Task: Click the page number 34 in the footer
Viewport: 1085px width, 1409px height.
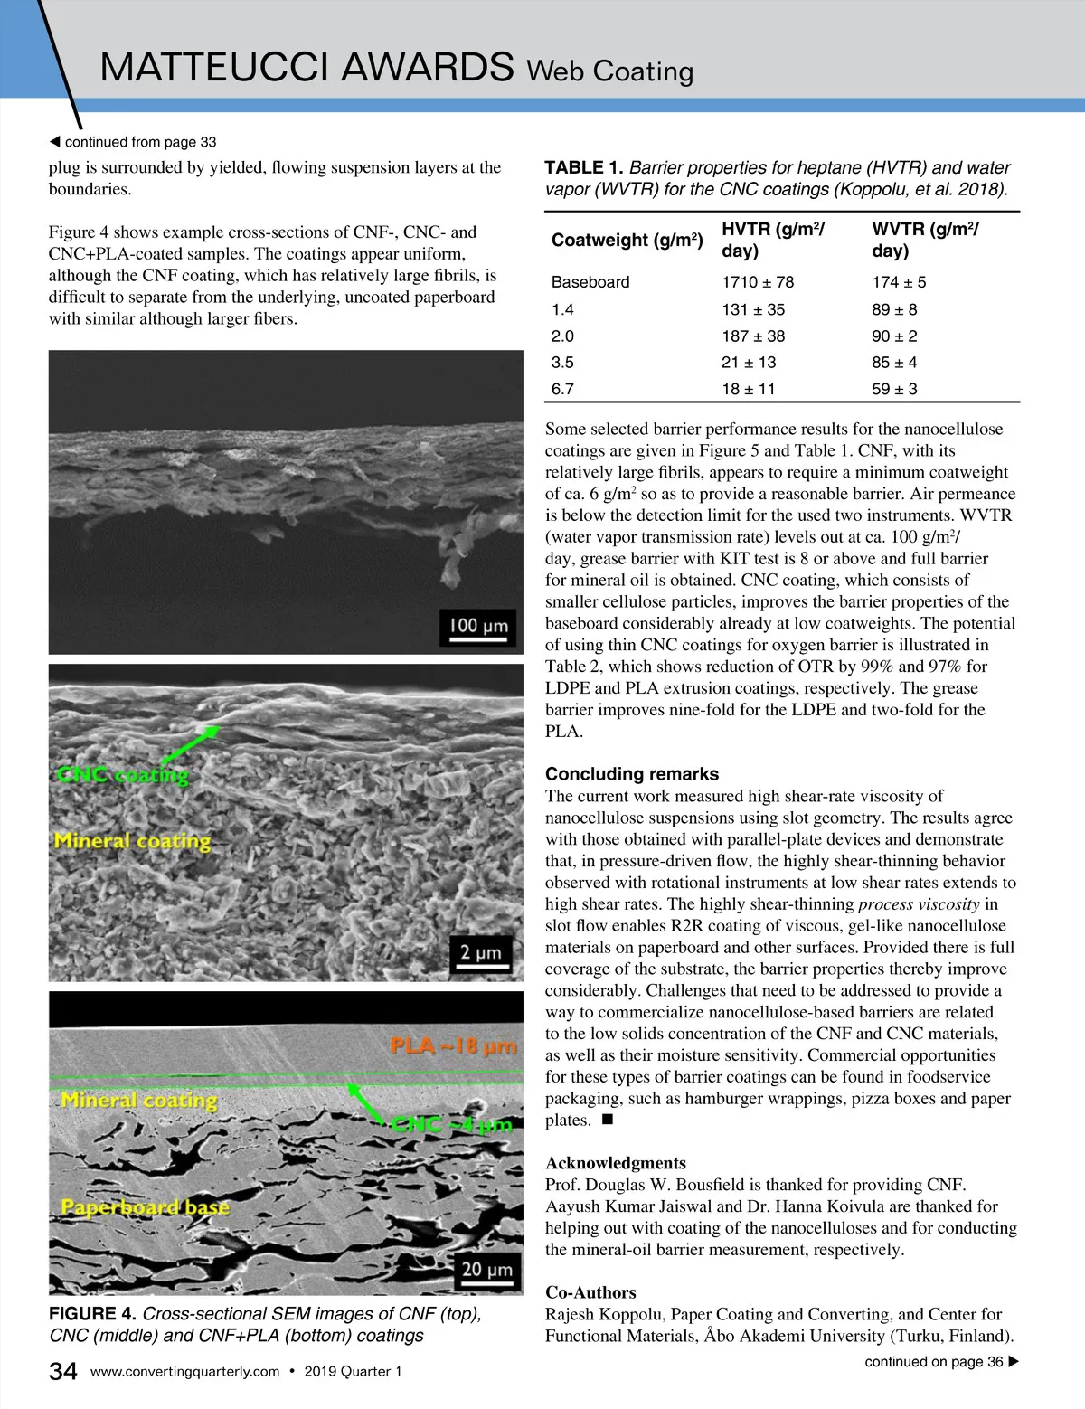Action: pos(62,1371)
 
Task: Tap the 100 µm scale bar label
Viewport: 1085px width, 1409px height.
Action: pos(478,625)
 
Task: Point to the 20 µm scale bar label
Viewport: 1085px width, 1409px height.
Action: pos(486,1269)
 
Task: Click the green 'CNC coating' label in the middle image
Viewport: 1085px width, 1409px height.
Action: pos(123,774)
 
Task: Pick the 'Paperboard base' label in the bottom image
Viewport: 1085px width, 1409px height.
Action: pos(145,1207)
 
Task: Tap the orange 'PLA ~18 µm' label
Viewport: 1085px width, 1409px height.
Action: pos(453,1046)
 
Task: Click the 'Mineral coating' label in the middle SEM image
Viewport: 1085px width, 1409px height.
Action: pos(132,841)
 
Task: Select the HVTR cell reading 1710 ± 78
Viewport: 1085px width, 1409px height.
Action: pos(758,282)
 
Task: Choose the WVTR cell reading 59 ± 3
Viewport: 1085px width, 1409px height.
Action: pos(894,389)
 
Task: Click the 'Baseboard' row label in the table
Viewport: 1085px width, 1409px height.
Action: pos(590,282)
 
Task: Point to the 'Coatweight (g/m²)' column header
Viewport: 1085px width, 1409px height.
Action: pos(627,240)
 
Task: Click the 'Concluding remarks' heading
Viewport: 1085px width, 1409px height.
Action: pos(632,774)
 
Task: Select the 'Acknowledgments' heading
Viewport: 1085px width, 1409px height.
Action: pos(615,1163)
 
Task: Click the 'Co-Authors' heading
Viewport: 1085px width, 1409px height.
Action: pos(590,1292)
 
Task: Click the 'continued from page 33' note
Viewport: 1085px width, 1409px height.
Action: pos(133,142)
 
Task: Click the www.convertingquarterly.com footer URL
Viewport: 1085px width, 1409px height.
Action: pos(184,1372)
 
